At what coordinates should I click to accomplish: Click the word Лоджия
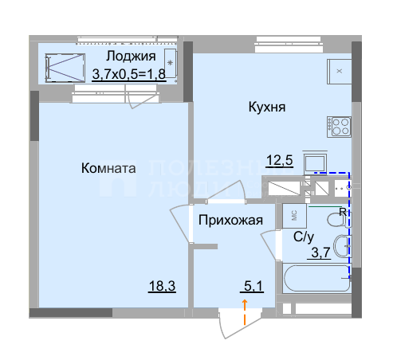pos(132,56)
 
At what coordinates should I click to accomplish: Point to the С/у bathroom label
pos(304,237)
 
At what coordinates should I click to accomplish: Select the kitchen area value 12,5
pos(279,159)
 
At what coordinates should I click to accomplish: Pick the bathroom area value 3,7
pos(319,252)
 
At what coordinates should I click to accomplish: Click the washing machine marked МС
pos(293,215)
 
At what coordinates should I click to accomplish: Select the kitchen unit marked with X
pos(339,71)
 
